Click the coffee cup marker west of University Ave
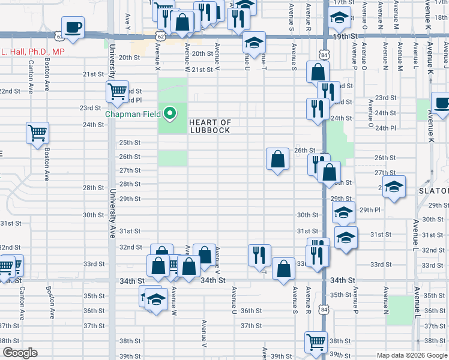pyautogui.click(x=73, y=28)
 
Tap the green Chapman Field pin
pyautogui.click(x=170, y=113)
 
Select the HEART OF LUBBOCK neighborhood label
pyautogui.click(x=209, y=126)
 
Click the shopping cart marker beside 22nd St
pyautogui.click(x=117, y=92)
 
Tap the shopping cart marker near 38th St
pyautogui.click(x=315, y=342)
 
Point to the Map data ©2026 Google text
pyautogui.click(x=412, y=355)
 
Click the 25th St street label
pyautogui.click(x=130, y=142)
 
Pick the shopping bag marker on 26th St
pyautogui.click(x=278, y=160)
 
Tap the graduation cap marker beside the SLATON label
pyautogui.click(x=394, y=187)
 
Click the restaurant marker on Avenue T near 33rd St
pyautogui.click(x=259, y=254)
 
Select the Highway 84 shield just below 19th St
pyautogui.click(x=324, y=55)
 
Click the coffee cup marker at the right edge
pyautogui.click(x=442, y=103)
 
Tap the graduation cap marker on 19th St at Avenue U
pyautogui.click(x=253, y=43)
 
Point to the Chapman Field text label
pyautogui.click(x=135, y=113)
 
